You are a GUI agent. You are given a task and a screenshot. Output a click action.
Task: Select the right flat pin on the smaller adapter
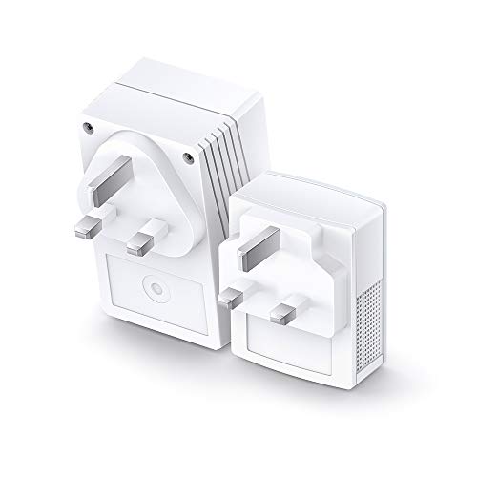(x=281, y=314)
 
